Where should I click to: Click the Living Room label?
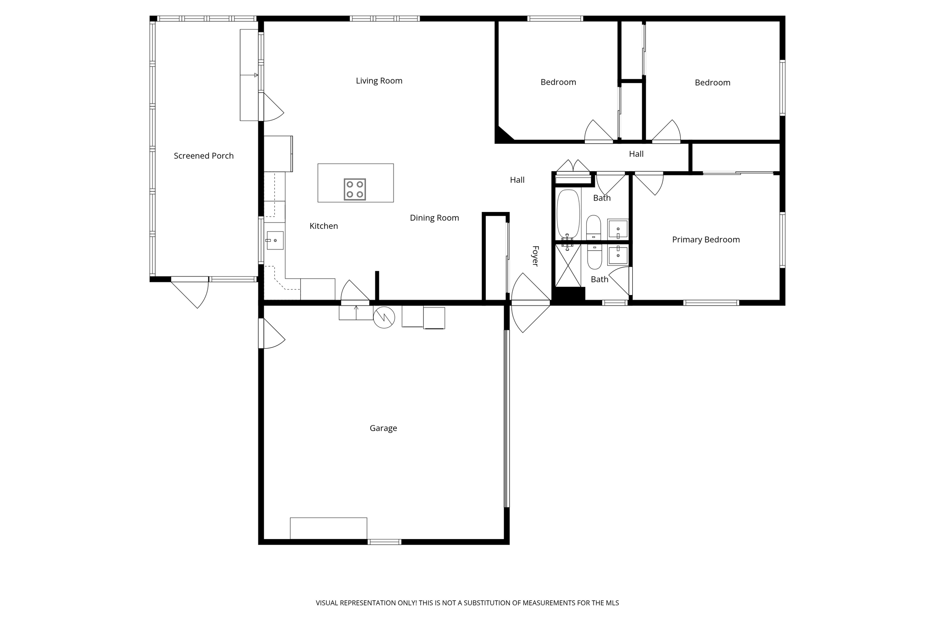coord(379,81)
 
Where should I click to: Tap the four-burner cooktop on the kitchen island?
coord(355,189)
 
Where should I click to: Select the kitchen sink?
coord(275,240)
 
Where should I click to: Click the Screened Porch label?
coord(204,156)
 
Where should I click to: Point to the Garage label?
coord(383,428)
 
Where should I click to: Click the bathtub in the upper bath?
coord(568,213)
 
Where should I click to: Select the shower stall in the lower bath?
coord(567,266)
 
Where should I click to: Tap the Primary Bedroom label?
coord(705,239)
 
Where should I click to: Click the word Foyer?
coord(536,256)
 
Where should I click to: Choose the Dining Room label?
coord(434,218)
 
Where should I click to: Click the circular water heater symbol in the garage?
coord(384,317)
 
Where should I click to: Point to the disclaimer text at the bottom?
coord(467,603)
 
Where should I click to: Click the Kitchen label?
coord(323,226)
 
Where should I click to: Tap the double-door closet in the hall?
coord(573,174)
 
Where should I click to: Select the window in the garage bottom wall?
coord(384,542)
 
